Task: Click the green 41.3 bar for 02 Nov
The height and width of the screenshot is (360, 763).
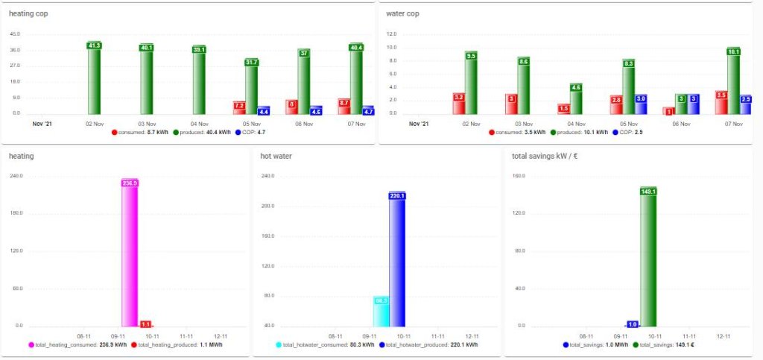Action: tap(94, 78)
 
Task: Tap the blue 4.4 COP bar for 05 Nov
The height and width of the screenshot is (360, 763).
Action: tap(263, 110)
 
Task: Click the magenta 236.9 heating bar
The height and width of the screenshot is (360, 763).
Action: tap(130, 253)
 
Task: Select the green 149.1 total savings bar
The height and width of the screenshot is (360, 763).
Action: tap(648, 257)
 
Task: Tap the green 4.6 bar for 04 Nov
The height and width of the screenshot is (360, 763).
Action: tap(575, 99)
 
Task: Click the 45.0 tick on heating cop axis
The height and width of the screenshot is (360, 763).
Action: tap(16, 34)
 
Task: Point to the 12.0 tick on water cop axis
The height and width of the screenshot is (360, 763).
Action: tap(390, 34)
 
